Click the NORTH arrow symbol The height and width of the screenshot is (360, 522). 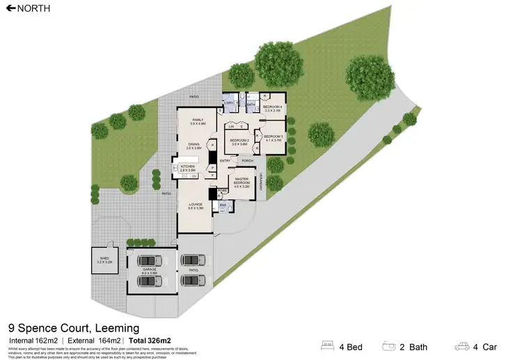click(x=10, y=8)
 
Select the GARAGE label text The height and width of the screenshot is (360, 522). click(x=150, y=267)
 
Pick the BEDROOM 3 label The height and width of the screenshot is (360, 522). click(x=273, y=137)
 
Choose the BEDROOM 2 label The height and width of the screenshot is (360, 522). click(x=239, y=141)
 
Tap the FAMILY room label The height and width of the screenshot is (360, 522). click(x=198, y=120)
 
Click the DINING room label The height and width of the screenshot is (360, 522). click(x=193, y=145)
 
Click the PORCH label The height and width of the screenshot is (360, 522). click(x=247, y=161)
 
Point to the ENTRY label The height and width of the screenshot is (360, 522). click(x=225, y=161)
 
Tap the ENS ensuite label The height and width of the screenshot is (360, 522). click(x=223, y=205)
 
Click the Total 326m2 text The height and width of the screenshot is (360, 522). click(x=149, y=341)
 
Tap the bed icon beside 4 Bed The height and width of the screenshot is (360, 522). click(x=328, y=345)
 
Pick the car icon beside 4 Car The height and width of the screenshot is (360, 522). click(x=461, y=345)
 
